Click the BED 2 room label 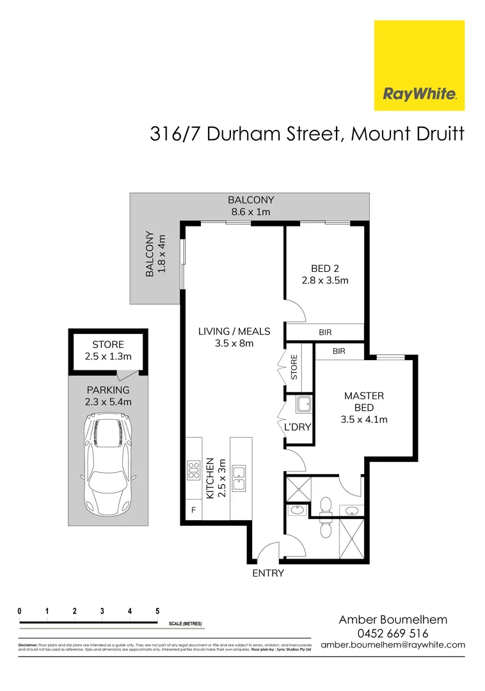[325, 268]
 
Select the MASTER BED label [363, 402]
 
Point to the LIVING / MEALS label [234, 331]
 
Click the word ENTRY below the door [267, 573]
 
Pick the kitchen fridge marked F [193, 510]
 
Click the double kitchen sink [240, 479]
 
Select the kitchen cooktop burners [193, 472]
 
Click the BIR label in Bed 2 [325, 333]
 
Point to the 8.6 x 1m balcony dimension [251, 211]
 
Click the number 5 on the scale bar [157, 611]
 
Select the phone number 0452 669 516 [393, 633]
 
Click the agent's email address [393, 645]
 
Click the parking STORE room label [108, 345]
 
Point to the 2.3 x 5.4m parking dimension [108, 402]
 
